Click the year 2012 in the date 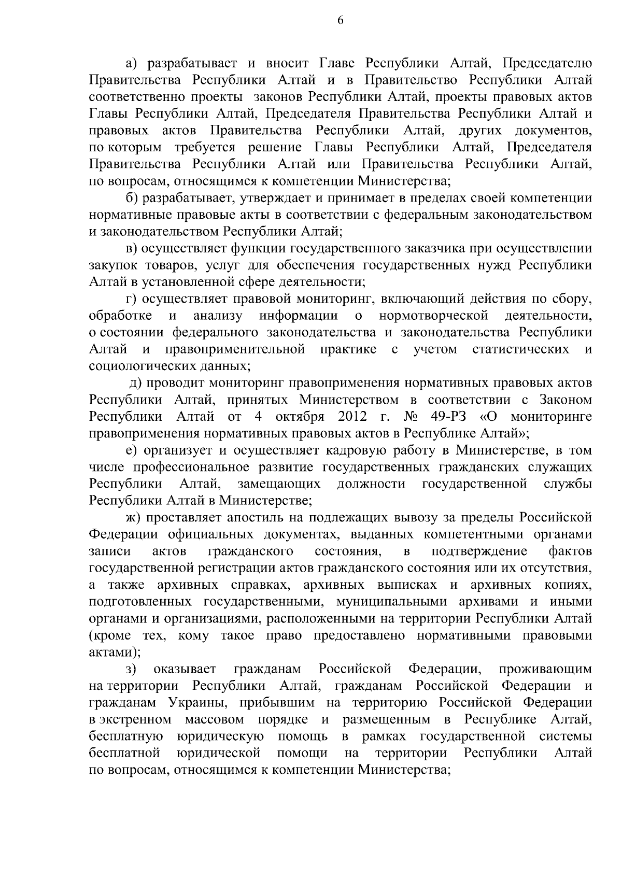click(352, 416)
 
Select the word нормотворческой click(434, 316)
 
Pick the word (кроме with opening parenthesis click(106, 635)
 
